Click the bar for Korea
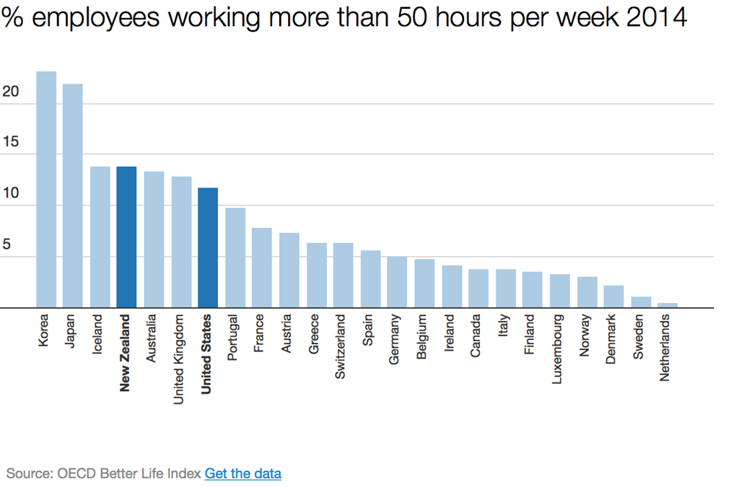pos(46,189)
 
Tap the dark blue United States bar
pos(208,247)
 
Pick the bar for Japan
pos(72,196)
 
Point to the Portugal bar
pos(235,258)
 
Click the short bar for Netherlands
pos(668,305)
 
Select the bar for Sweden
pos(641,302)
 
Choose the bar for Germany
pos(397,282)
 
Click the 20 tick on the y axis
pos(10,92)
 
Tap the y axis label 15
pos(10,143)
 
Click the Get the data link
pos(243,473)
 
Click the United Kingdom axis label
pos(180,359)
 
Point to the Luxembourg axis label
pos(559,348)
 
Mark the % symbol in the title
pos(14,17)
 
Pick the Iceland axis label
pos(99,333)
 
